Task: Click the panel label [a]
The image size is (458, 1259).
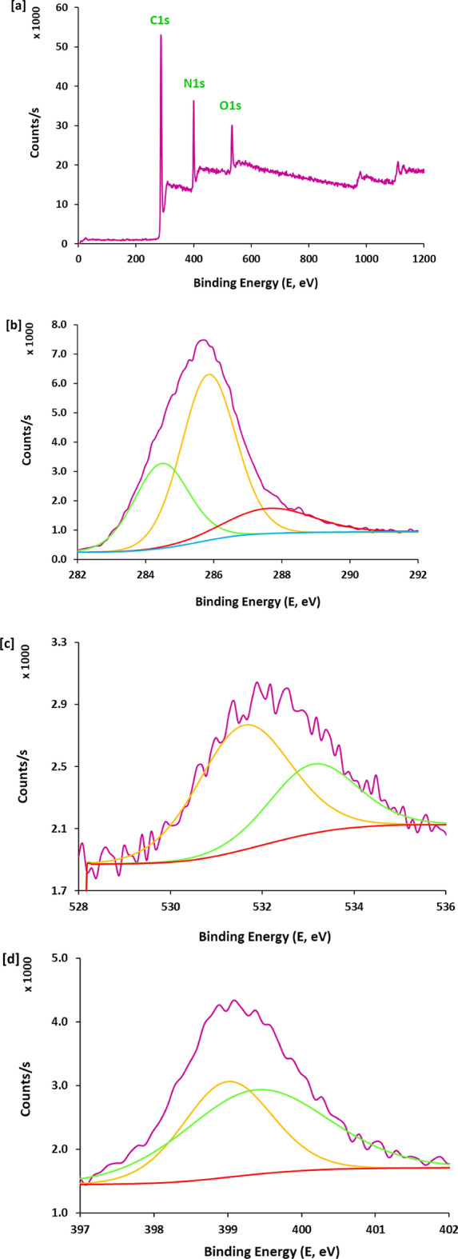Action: pyautogui.click(x=9, y=6)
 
